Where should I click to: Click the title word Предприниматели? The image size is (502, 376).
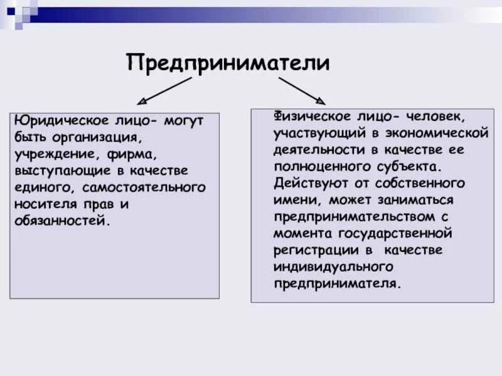point(228,62)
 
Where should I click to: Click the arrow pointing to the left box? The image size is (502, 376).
point(164,90)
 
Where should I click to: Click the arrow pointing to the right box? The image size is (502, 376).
point(302,89)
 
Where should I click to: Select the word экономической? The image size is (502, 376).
point(442,133)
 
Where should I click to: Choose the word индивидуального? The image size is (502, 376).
point(333,266)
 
